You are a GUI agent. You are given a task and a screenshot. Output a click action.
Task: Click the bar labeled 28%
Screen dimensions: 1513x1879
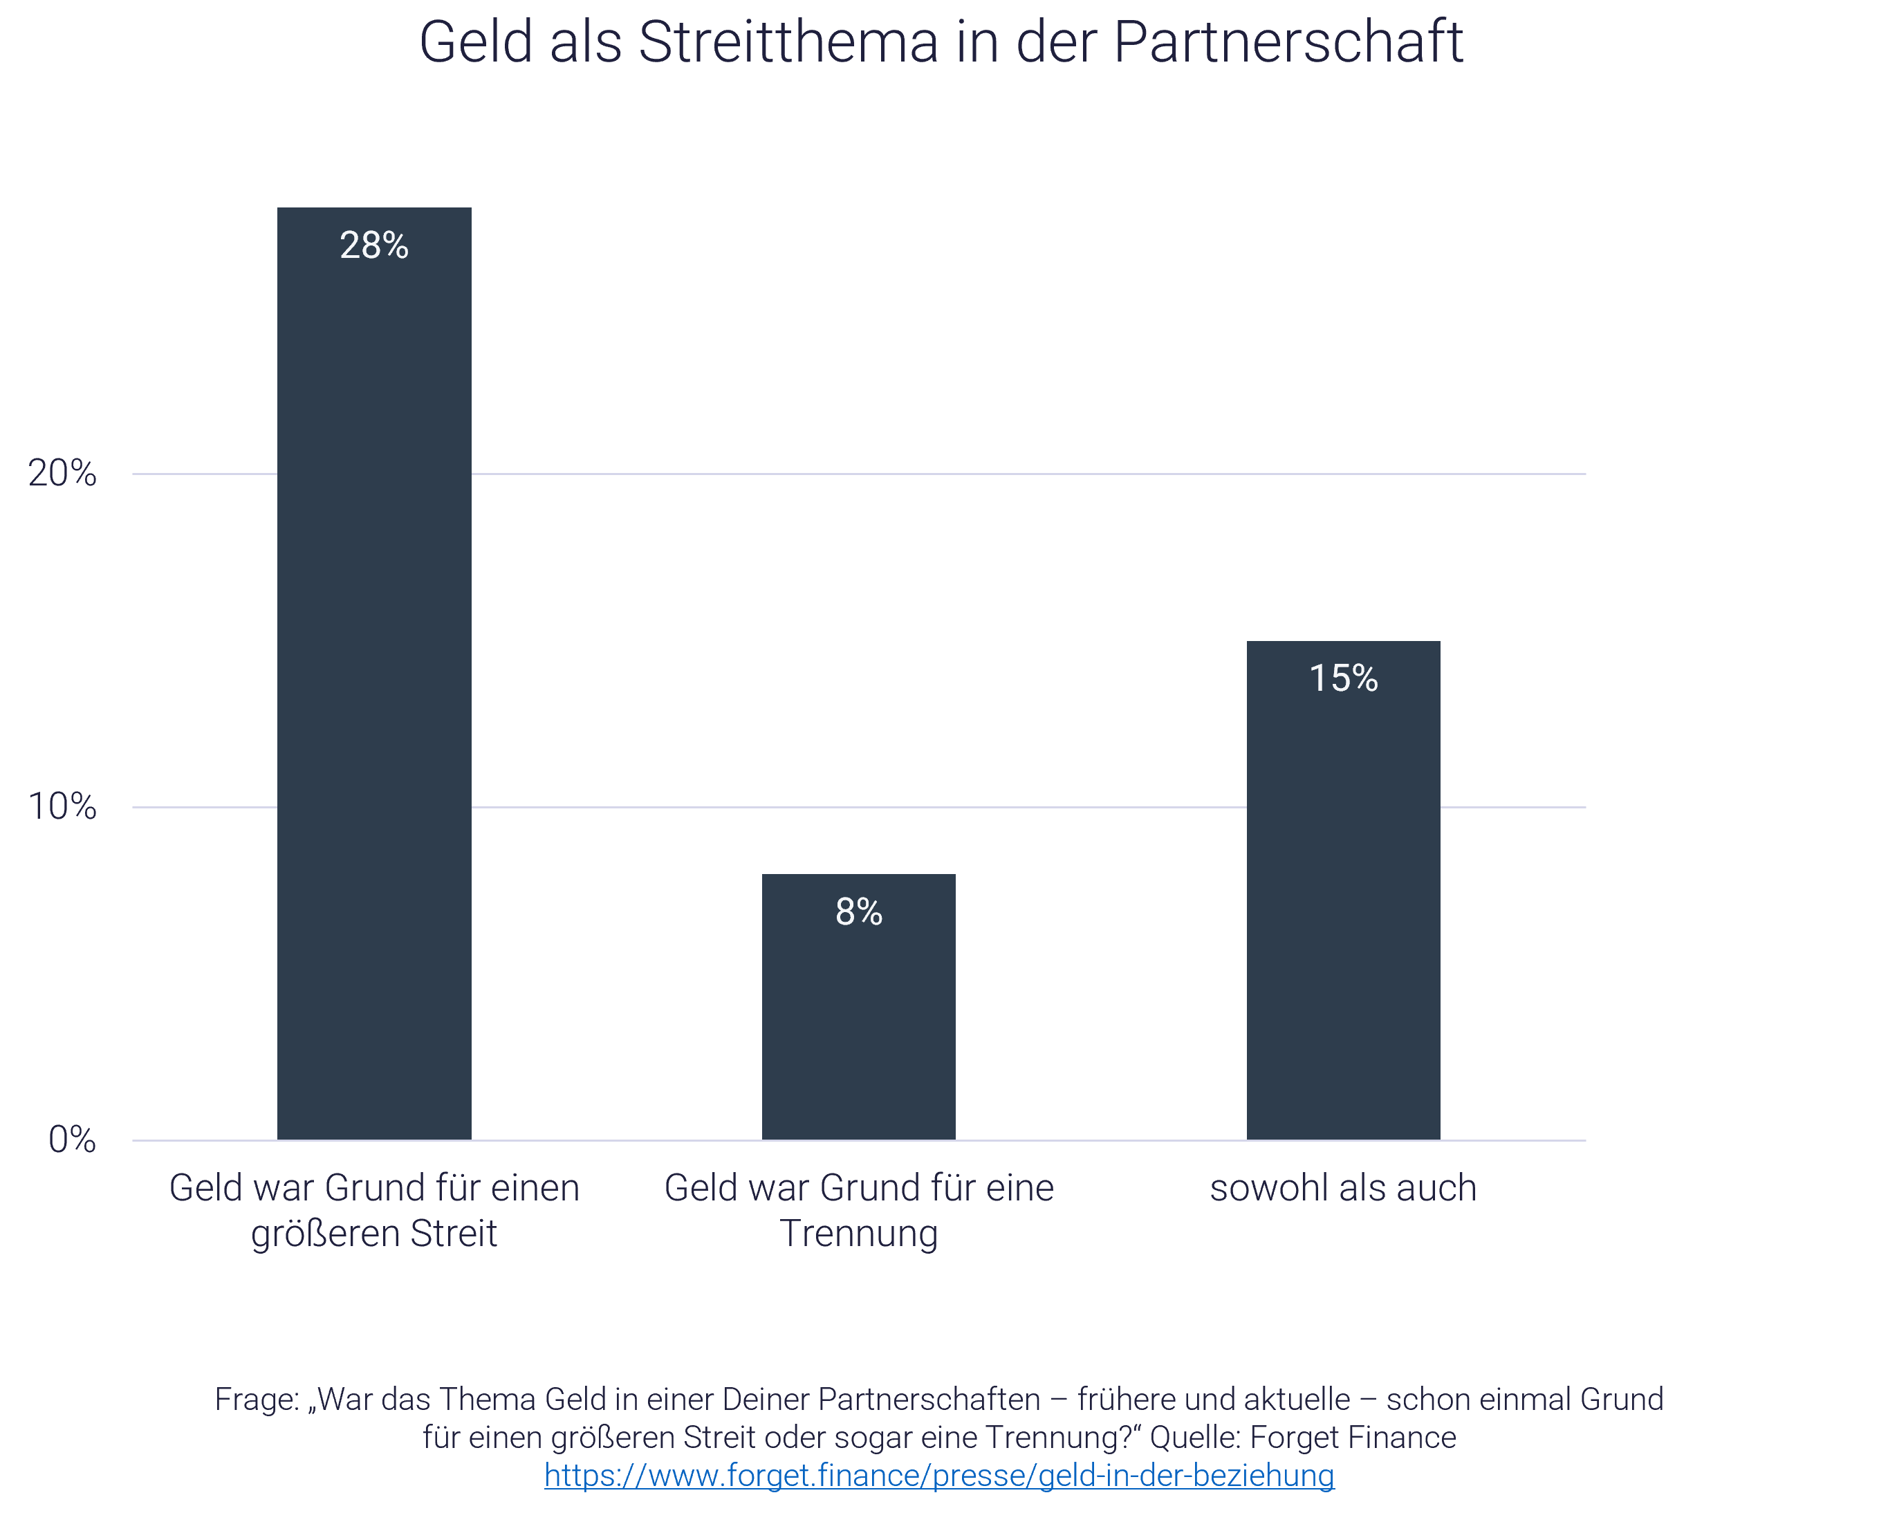pos(374,697)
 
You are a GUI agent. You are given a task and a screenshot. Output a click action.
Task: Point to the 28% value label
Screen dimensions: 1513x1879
pos(374,245)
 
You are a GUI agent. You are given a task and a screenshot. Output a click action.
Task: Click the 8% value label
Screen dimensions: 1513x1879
pos(858,911)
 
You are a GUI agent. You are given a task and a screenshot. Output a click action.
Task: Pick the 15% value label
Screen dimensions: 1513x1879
pos(1343,678)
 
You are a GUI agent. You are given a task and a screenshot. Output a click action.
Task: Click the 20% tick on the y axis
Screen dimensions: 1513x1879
pos(62,473)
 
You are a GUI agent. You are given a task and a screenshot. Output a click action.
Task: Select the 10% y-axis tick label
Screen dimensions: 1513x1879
pos(62,807)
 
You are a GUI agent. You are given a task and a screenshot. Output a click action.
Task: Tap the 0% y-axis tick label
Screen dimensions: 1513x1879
pos(71,1139)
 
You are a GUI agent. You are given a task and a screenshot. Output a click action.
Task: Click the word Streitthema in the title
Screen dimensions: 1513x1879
pos(788,41)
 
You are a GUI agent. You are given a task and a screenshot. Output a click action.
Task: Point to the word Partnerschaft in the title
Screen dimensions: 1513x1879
pos(1288,41)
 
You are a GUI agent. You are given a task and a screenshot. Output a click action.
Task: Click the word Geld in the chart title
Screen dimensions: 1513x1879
pos(476,41)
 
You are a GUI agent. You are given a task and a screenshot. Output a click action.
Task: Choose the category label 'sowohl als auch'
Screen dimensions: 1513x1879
pos(1343,1188)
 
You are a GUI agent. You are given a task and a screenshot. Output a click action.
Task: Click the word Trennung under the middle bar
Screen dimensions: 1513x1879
pos(858,1233)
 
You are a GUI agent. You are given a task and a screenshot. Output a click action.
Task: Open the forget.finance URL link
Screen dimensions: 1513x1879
pos(938,1476)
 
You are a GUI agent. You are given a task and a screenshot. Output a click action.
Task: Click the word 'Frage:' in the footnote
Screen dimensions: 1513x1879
pos(257,1399)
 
